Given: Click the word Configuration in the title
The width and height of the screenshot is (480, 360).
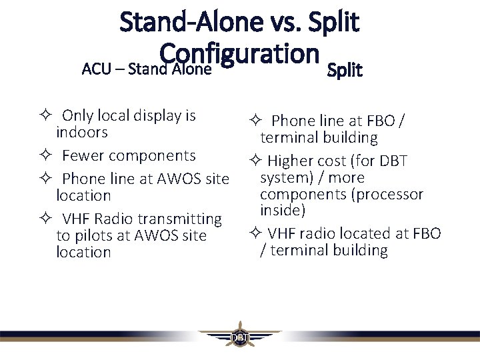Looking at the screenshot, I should [237, 54].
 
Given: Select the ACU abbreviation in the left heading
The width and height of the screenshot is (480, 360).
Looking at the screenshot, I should [94, 69].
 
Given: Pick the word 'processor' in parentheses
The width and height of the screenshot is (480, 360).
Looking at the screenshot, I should [391, 194].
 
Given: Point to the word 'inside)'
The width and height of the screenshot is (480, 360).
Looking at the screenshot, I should [283, 210].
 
